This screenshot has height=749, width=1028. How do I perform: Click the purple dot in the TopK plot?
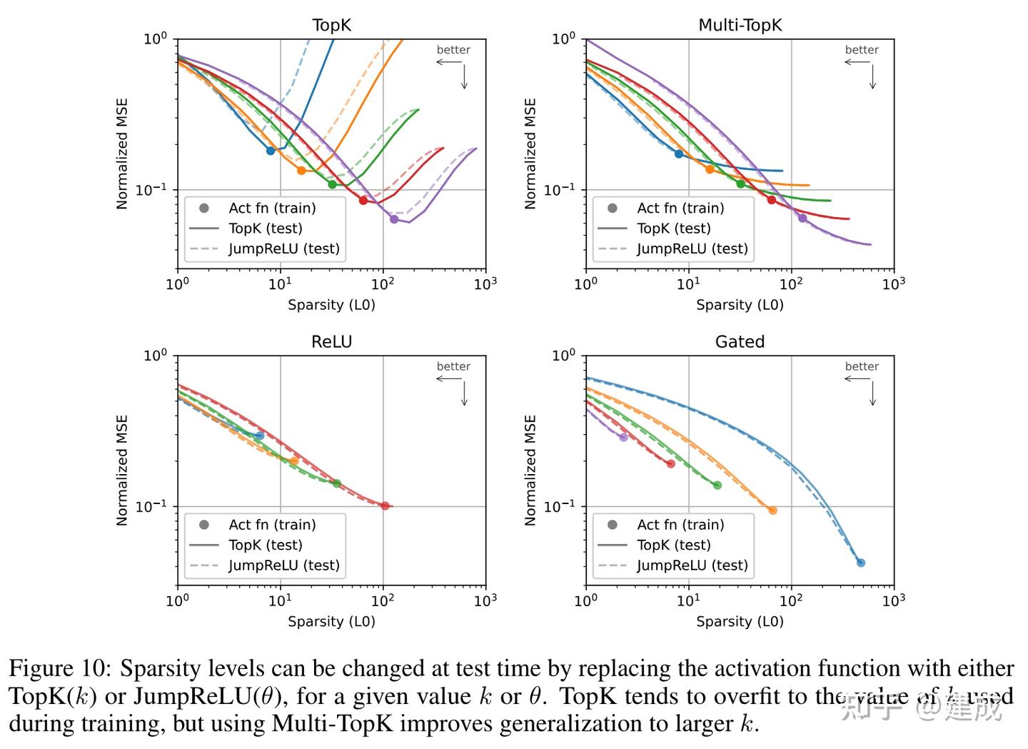(x=394, y=219)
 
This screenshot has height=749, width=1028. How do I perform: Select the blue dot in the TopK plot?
(x=271, y=151)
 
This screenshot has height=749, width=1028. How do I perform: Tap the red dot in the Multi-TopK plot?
(x=772, y=200)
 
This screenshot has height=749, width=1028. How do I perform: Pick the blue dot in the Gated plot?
(x=861, y=563)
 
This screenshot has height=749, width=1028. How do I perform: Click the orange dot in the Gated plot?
(x=772, y=511)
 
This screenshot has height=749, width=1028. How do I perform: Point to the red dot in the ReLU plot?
(x=385, y=506)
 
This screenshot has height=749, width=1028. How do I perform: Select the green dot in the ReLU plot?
(x=337, y=483)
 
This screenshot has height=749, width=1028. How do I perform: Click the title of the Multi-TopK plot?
(x=740, y=25)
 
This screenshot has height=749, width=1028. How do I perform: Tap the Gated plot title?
(x=740, y=342)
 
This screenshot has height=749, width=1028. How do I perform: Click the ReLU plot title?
(x=331, y=342)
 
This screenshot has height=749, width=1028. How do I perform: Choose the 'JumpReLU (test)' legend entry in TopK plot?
(x=283, y=248)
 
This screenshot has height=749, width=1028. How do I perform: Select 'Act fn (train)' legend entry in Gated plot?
(x=680, y=525)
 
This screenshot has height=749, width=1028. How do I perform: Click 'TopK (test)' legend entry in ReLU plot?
(x=265, y=545)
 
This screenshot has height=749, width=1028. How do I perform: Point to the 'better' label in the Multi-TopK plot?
(x=862, y=50)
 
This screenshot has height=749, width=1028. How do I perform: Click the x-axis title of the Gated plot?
(x=740, y=621)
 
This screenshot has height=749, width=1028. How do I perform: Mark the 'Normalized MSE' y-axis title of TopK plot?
(x=122, y=154)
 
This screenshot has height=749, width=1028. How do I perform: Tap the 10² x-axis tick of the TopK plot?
(x=383, y=283)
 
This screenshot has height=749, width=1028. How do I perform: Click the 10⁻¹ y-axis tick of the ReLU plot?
(x=151, y=506)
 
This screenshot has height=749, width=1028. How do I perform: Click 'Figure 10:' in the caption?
(x=60, y=669)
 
